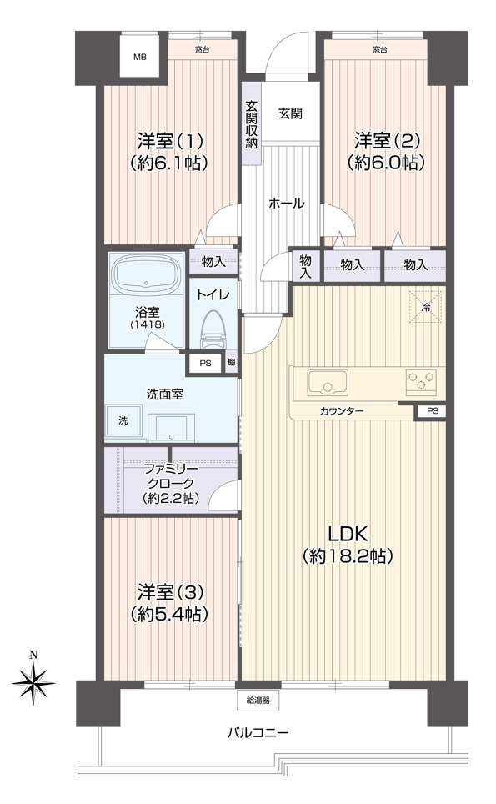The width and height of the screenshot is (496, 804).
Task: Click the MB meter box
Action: coord(140,57)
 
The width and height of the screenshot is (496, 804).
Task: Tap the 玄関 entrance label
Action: coord(290,113)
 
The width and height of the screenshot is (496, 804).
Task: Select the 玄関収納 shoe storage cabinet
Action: coord(251,123)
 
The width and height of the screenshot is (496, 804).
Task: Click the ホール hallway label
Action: coord(287,203)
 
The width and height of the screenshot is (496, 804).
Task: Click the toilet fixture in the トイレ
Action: coord(213,330)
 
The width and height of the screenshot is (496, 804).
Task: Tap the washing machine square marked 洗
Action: coord(123,421)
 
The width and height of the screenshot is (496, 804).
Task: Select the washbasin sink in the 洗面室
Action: coord(172,427)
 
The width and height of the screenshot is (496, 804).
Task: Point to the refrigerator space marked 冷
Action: coord(425,307)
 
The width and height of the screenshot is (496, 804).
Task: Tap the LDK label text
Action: coord(348,535)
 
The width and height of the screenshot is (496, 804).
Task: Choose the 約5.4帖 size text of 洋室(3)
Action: coord(169,614)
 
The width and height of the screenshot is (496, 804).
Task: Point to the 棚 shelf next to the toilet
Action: coord(231,363)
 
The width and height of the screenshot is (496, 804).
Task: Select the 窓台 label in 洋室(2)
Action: coord(379,50)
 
